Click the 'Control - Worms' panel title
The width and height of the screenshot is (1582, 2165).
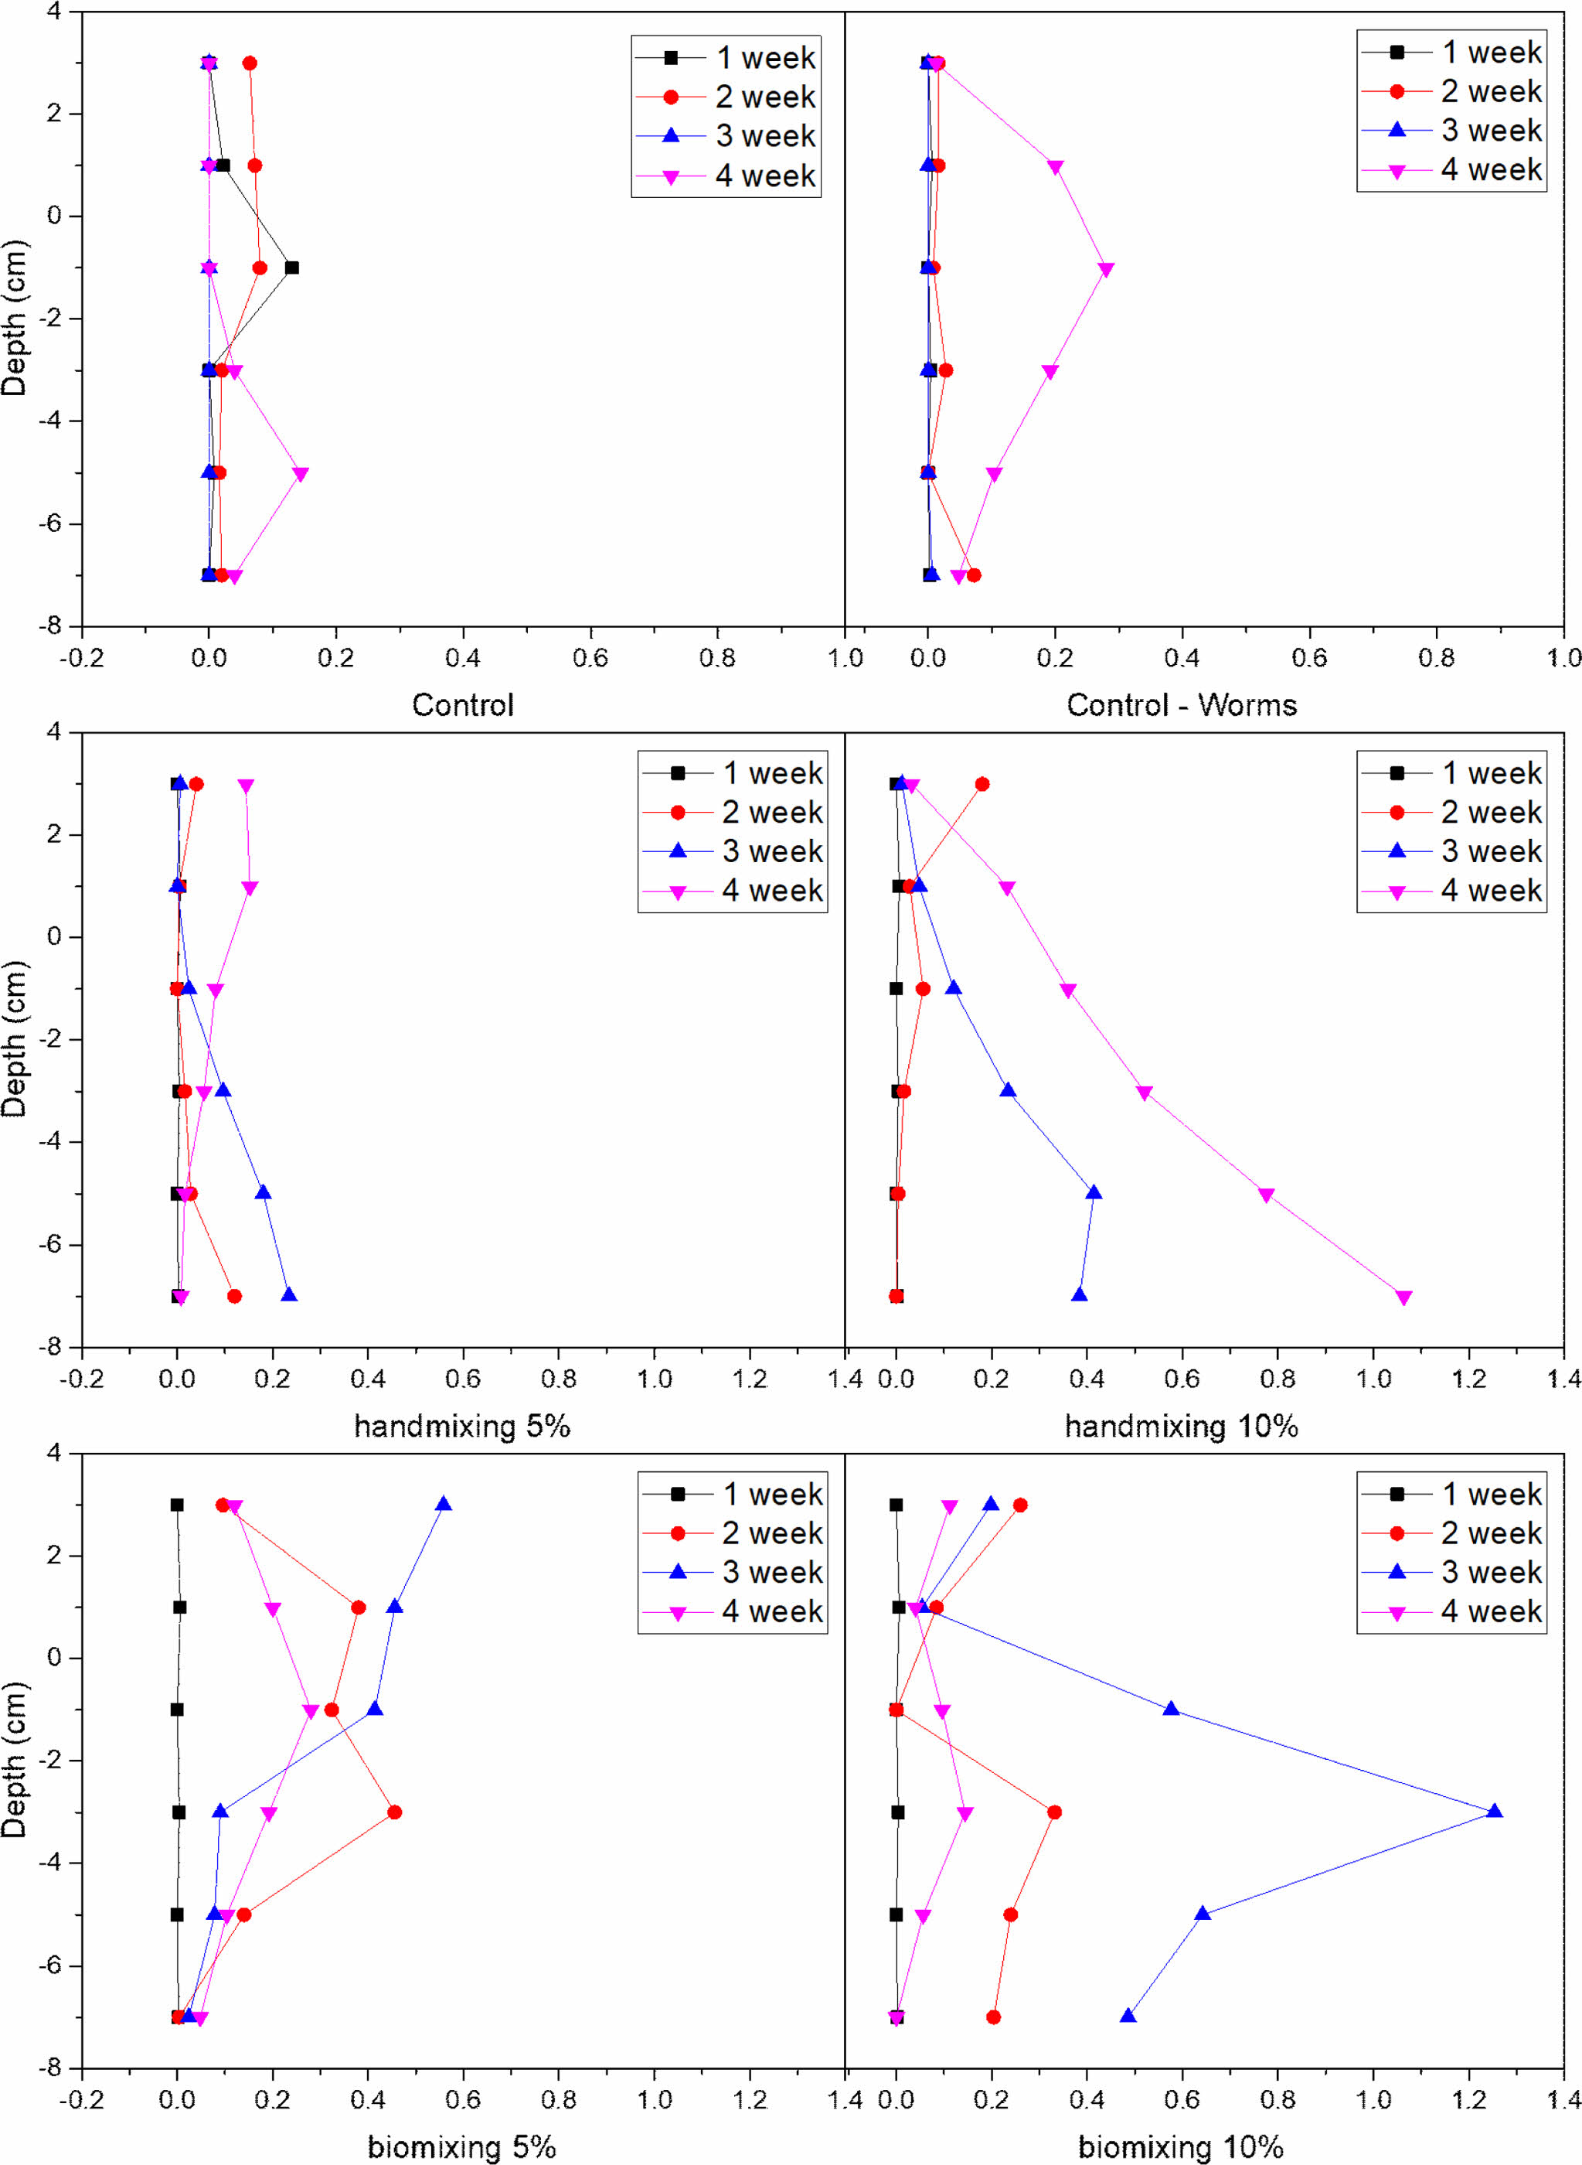coord(1181,705)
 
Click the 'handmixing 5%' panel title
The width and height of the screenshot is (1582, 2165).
coord(461,1427)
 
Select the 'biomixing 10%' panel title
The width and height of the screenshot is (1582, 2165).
coord(1181,2146)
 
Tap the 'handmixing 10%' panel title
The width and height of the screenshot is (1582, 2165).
coord(1181,1427)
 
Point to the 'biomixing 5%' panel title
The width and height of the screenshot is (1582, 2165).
coord(461,2146)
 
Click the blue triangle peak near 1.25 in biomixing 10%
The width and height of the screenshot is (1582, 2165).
coord(1494,1812)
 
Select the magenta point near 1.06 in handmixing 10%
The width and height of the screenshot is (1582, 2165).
coord(1404,1298)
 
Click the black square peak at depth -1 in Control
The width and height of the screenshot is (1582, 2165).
coord(292,268)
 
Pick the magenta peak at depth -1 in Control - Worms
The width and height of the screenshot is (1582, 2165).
coord(1106,270)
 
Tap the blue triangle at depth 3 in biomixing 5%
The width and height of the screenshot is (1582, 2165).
coord(444,1504)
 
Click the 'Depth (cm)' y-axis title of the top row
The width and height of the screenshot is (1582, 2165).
coord(15,318)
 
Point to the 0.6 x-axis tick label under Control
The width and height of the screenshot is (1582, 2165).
coord(590,659)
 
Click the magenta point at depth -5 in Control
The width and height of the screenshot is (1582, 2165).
coord(301,474)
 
